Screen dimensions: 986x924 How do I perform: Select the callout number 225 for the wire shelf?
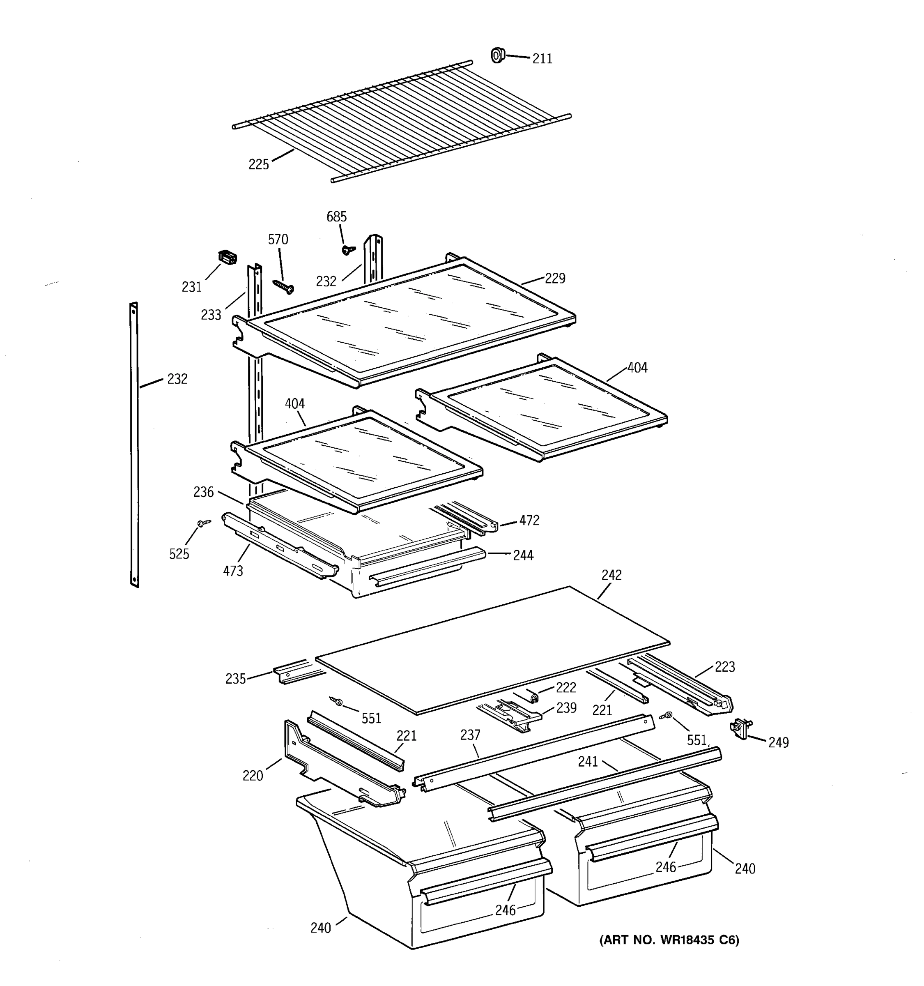258,164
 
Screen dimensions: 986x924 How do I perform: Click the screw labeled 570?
283,286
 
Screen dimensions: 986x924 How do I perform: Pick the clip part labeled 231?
228,258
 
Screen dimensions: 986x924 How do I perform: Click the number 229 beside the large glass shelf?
555,278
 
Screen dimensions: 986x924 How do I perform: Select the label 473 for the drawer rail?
232,571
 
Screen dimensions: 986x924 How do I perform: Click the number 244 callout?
523,555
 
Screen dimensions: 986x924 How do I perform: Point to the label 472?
529,520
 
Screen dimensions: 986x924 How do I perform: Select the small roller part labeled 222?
534,698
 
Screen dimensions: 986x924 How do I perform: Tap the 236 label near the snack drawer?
203,492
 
